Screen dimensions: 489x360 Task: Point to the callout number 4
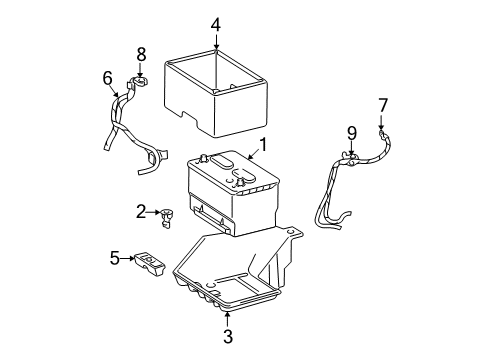216,23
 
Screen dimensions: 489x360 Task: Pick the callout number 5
115,258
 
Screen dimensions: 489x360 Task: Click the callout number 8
141,54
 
